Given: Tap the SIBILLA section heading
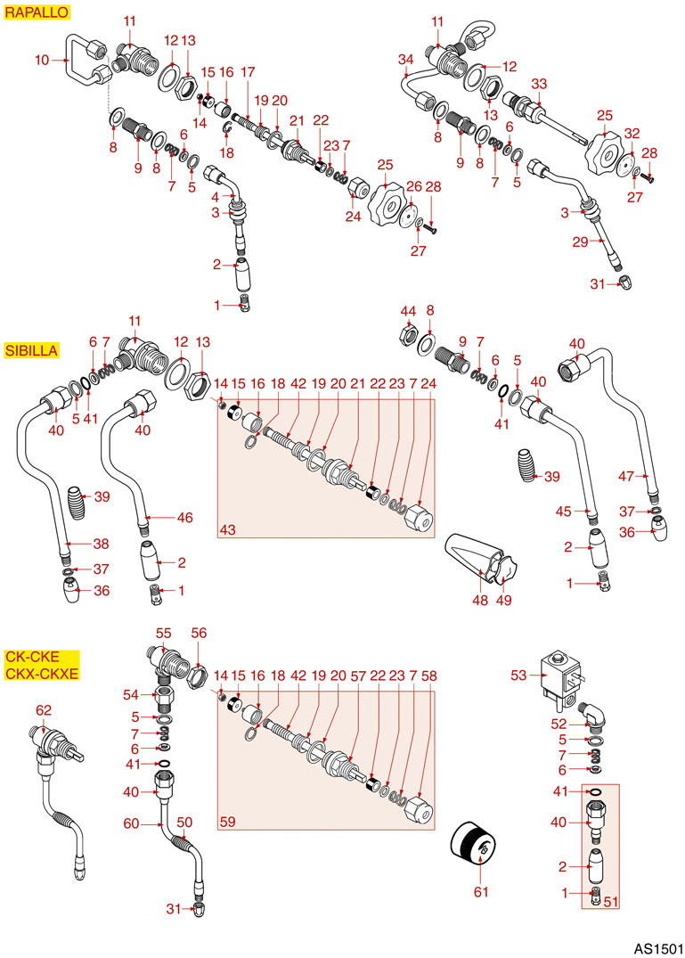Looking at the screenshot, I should point(31,350).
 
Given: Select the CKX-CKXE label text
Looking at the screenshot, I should point(41,673).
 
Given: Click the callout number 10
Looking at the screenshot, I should point(42,61).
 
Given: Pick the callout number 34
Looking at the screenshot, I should point(406,60).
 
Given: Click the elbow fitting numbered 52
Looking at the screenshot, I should point(595,716).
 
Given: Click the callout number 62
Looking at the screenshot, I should point(44,710).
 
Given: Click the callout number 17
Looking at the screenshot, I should point(247,71).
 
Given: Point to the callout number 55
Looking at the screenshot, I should point(163,632).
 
